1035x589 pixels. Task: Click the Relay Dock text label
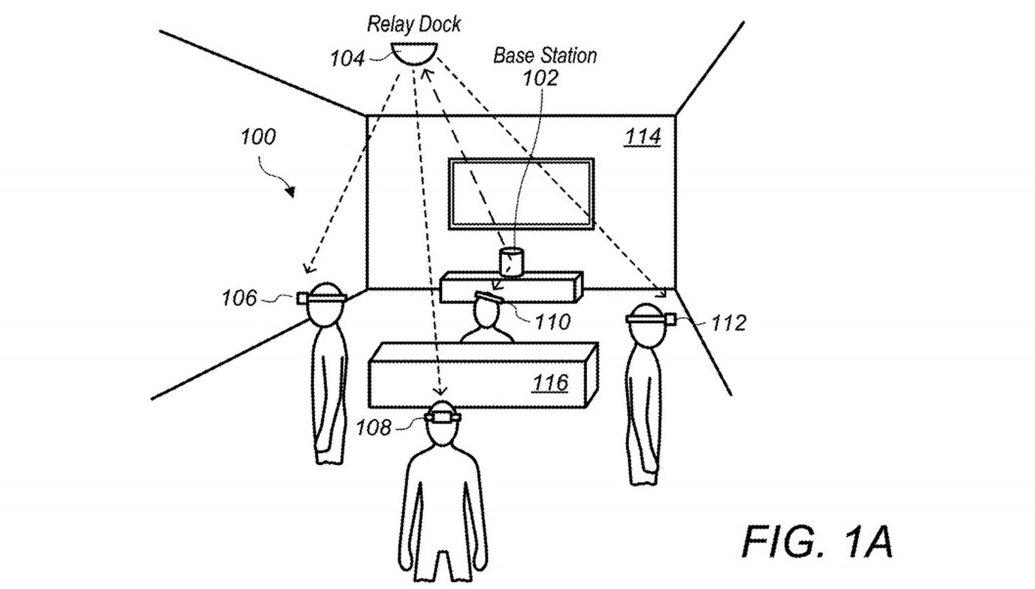pos(413,25)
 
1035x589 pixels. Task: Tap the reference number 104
pos(347,58)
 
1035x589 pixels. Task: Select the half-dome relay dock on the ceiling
pos(413,53)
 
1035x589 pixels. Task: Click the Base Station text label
pos(545,56)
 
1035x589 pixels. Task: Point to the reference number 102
pos(540,78)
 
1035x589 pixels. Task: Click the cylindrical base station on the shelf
pos(512,262)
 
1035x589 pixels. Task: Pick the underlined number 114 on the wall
pos(642,137)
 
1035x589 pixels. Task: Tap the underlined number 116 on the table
pos(550,383)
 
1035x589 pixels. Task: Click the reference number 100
pos(258,137)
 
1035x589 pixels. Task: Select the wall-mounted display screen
pos(520,194)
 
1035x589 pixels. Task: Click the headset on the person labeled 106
pos(321,298)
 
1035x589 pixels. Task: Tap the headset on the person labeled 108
pos(443,417)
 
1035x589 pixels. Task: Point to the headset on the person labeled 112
pos(651,319)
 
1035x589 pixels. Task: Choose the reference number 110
pos(552,322)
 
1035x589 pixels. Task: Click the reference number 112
pos(728,323)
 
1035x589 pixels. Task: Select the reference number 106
pos(239,299)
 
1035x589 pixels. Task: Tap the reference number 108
pos(373,428)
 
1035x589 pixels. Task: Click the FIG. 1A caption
pos(817,542)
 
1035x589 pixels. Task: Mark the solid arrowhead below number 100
pos(290,191)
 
